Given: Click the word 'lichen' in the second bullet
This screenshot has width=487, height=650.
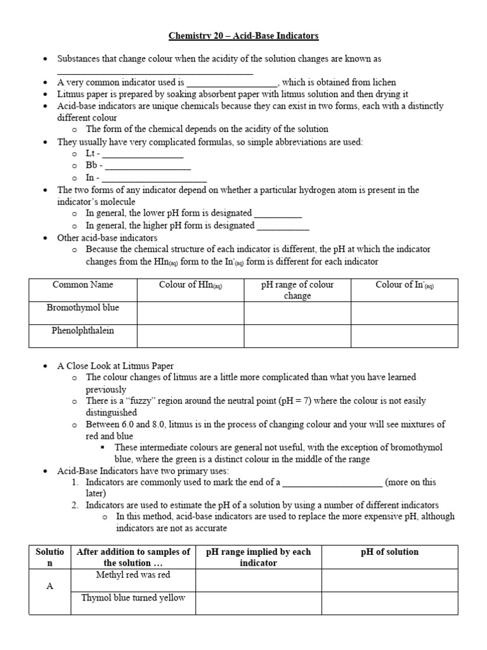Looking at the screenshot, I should click(382, 82).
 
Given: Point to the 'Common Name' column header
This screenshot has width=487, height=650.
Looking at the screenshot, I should click(82, 285).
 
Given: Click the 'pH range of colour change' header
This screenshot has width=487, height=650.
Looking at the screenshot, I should click(297, 290).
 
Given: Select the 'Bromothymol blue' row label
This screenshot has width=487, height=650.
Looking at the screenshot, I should click(82, 308).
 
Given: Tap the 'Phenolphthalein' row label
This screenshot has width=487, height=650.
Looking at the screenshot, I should click(82, 331).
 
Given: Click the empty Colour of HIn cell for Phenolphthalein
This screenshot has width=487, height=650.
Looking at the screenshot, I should click(190, 336).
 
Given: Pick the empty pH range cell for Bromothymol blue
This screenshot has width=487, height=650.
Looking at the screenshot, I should click(297, 313).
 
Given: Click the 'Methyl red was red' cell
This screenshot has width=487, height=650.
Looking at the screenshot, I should click(133, 575).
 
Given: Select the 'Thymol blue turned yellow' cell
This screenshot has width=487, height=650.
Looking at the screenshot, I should click(133, 598).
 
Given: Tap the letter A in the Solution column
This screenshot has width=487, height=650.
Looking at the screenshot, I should click(49, 587).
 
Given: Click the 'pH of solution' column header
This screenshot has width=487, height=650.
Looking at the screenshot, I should click(389, 552).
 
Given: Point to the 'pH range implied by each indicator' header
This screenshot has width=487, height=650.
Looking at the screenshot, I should click(259, 557).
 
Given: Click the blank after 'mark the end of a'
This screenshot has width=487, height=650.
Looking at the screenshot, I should click(332, 483).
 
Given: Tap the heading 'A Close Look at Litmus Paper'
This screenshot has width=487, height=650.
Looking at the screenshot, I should click(115, 366).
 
